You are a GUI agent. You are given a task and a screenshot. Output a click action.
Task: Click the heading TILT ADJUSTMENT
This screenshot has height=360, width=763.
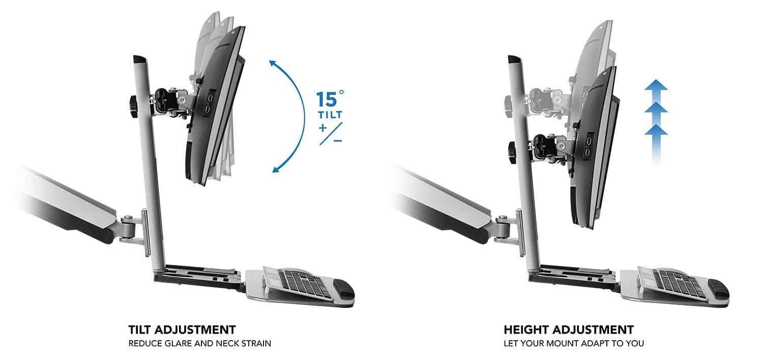pyautogui.click(x=182, y=329)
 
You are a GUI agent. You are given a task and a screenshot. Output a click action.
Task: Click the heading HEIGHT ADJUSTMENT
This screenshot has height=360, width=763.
pyautogui.click(x=569, y=329)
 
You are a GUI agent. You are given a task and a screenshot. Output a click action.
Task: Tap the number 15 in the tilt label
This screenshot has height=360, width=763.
pyautogui.click(x=327, y=99)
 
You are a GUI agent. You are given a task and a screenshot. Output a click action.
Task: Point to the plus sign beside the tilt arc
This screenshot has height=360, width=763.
pyautogui.click(x=322, y=128)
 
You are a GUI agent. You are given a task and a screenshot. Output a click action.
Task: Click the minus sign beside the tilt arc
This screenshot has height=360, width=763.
pyautogui.click(x=337, y=139)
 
